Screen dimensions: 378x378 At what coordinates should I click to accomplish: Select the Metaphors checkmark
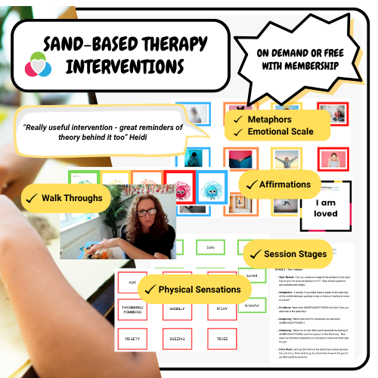coord(234,119)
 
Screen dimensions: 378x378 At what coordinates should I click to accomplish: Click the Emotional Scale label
coord(281,132)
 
